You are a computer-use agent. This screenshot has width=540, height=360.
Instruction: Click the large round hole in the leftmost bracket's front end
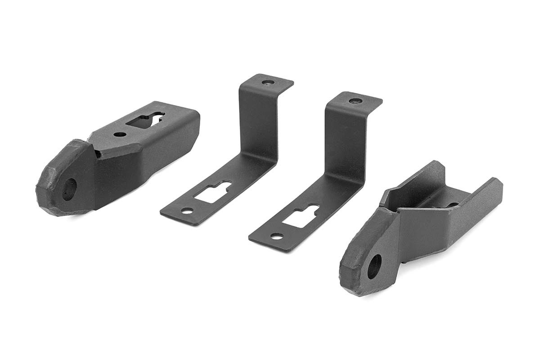69,189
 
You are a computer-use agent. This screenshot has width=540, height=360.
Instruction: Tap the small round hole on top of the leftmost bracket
120,134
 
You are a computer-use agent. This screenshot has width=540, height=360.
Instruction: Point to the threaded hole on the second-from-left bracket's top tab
268,83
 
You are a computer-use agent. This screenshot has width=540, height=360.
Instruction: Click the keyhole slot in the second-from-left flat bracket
213,192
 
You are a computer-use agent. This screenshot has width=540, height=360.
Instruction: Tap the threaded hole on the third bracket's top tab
355,101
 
